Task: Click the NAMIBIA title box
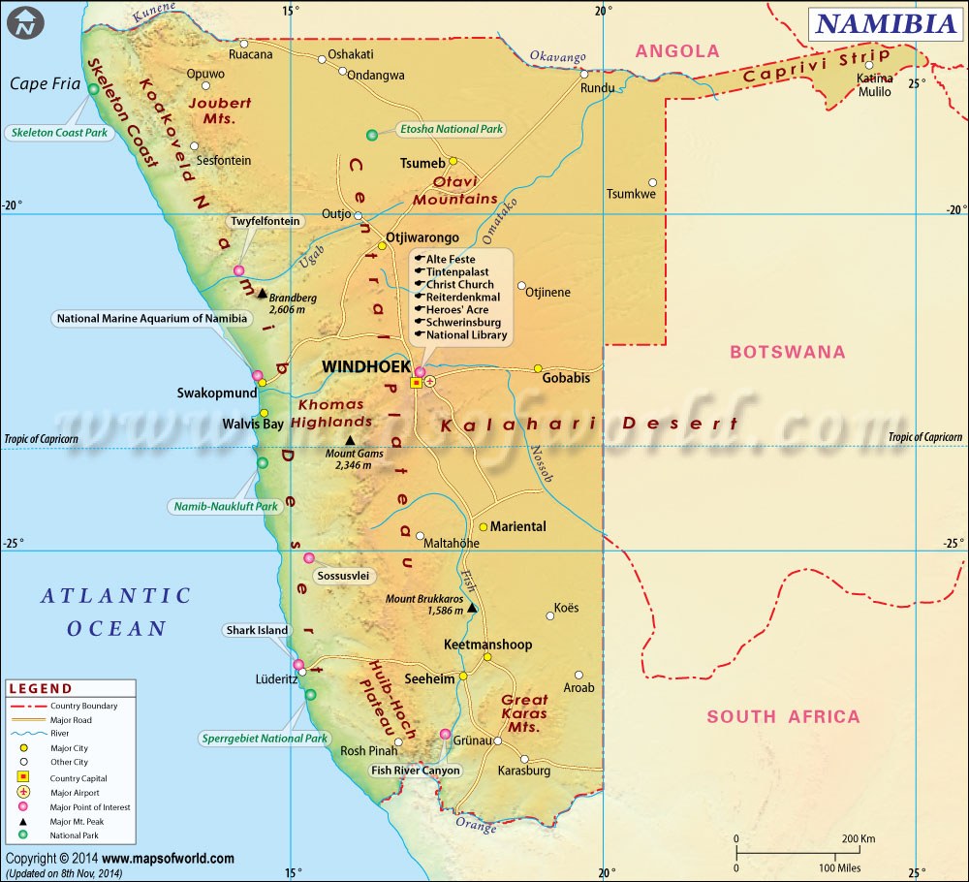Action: (886, 24)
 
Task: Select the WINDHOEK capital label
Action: (362, 367)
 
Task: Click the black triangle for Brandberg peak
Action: (262, 293)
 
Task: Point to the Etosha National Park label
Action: (453, 129)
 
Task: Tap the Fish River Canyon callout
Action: (415, 771)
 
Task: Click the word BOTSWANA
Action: (788, 352)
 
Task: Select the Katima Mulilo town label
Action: (875, 85)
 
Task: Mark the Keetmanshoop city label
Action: (487, 645)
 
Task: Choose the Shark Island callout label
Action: (257, 630)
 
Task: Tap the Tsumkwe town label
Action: (631, 194)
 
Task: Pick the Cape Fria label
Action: (44, 83)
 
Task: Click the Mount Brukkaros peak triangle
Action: (472, 608)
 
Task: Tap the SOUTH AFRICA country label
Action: (783, 717)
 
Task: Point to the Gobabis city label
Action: (566, 378)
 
